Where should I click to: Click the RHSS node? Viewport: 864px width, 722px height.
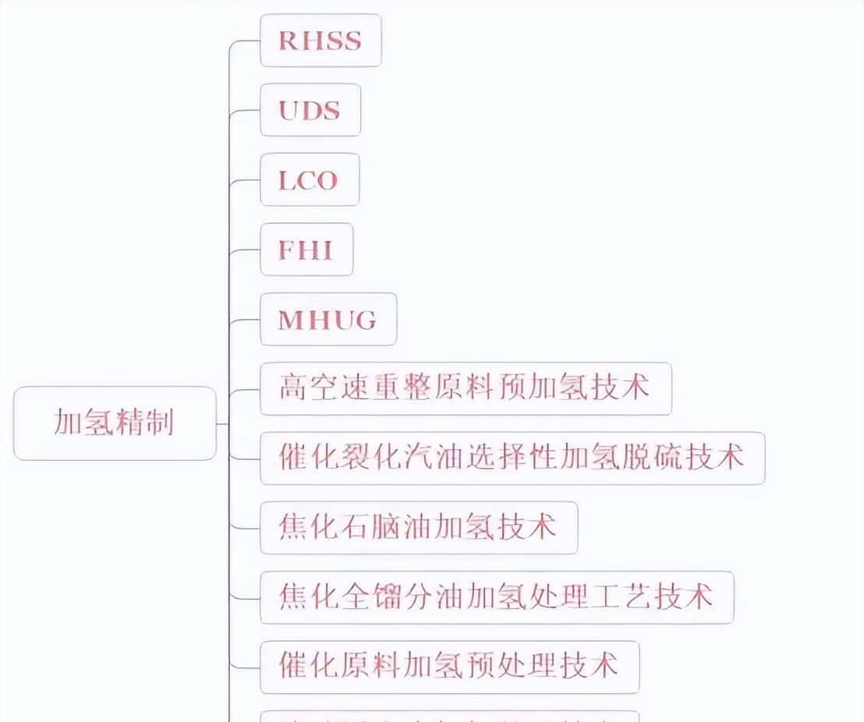tap(320, 41)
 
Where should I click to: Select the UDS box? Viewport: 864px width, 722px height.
tap(310, 110)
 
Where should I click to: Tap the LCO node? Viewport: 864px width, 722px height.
tap(309, 180)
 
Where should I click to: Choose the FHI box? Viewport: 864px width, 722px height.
tap(306, 250)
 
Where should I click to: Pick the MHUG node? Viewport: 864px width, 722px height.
tap(328, 320)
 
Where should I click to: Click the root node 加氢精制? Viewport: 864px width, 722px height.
tap(114, 423)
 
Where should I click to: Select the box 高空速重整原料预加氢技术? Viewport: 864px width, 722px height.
tap(465, 388)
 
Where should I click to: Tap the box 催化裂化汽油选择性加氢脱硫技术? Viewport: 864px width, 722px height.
tap(512, 458)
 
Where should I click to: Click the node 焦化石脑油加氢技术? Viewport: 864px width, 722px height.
tap(418, 528)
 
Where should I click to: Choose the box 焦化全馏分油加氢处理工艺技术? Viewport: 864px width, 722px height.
tap(496, 597)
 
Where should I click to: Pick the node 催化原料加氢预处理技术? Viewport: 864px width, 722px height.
tap(449, 667)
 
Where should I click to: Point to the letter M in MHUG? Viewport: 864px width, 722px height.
tap(290, 320)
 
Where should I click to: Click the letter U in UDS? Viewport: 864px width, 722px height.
tap(289, 110)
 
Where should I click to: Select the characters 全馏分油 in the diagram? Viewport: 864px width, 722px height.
tap(402, 597)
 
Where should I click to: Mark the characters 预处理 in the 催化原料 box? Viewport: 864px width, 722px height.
tap(512, 667)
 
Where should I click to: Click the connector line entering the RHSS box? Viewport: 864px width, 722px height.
tap(245, 41)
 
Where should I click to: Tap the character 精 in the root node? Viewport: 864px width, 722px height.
tap(129, 423)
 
